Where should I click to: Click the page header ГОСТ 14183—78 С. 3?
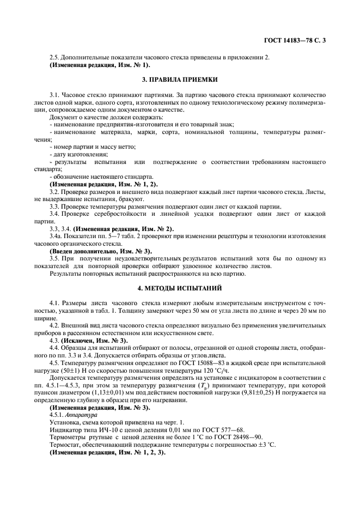(x=295, y=40)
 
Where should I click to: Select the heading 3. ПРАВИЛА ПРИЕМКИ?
(x=180, y=80)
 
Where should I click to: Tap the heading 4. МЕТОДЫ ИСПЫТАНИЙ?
(x=180, y=287)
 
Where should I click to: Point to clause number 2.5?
(x=54, y=58)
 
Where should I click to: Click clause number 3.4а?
(x=56, y=236)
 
